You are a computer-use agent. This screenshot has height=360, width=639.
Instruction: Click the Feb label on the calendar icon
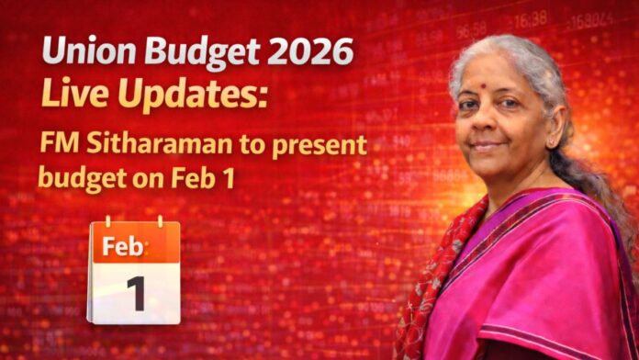click(x=123, y=246)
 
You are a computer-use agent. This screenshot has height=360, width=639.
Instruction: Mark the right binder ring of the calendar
click(x=160, y=222)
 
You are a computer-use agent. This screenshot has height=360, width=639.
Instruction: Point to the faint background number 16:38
click(x=531, y=18)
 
